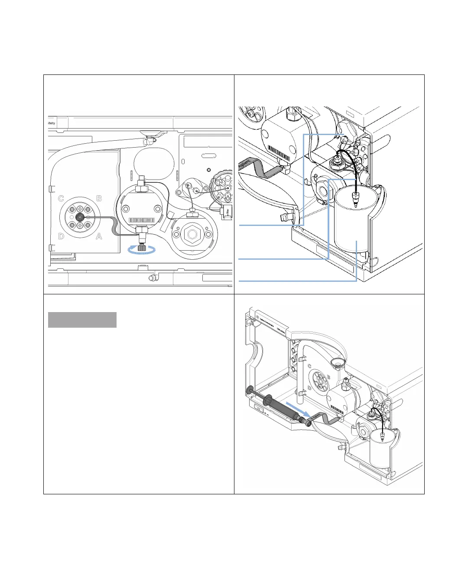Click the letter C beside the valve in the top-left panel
[x=61, y=199]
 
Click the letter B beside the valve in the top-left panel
[x=99, y=198]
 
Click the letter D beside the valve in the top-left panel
[x=61, y=236]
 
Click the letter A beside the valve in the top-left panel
[x=99, y=236]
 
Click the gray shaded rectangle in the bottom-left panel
[x=82, y=320]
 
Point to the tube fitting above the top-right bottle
[x=356, y=199]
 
